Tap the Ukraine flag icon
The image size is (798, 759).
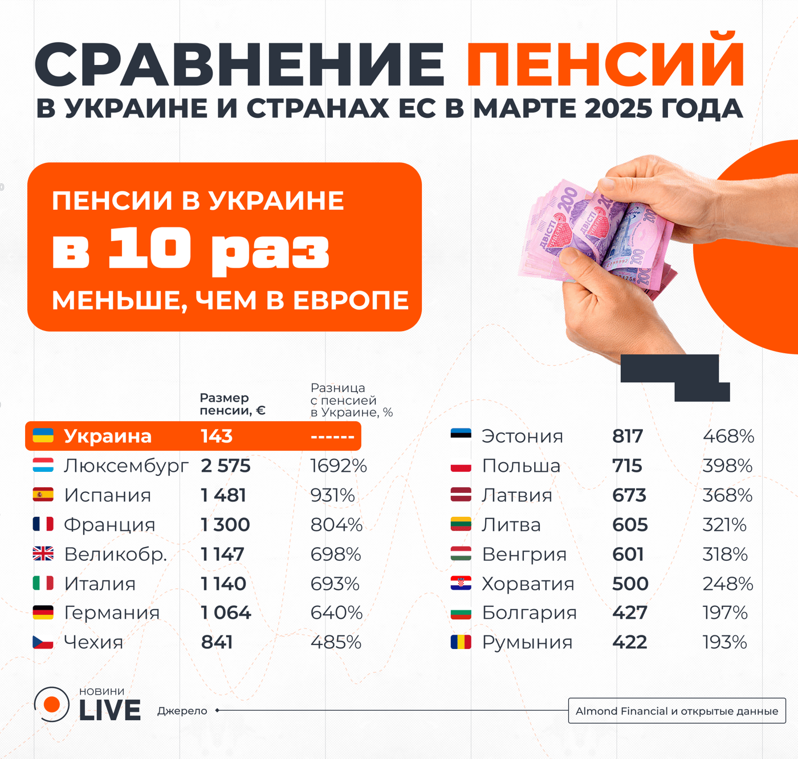pyautogui.click(x=43, y=436)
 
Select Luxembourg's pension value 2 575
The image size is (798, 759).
pyautogui.click(x=226, y=466)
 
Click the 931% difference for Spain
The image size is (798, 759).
pyautogui.click(x=332, y=495)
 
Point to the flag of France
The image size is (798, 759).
pyautogui.click(x=43, y=524)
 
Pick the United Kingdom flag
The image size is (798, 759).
pyautogui.click(x=43, y=554)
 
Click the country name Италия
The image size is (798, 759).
pyautogui.click(x=100, y=583)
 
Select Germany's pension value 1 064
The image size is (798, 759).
pyautogui.click(x=226, y=613)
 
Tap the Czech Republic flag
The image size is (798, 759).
pyautogui.click(x=43, y=642)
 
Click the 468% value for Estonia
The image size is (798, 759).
pyautogui.click(x=728, y=436)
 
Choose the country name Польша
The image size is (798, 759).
pyautogui.click(x=521, y=466)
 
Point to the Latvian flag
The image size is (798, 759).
pyautogui.click(x=461, y=495)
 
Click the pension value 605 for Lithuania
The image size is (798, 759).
pyautogui.click(x=630, y=525)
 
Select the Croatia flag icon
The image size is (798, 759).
pyautogui.click(x=461, y=583)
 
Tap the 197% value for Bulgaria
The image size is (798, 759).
pyautogui.click(x=724, y=613)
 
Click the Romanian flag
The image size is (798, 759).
pyautogui.click(x=461, y=642)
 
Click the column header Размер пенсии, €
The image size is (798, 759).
pyautogui.click(x=233, y=404)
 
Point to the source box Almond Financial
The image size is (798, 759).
pyautogui.click(x=677, y=711)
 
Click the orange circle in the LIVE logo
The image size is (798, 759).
pyautogui.click(x=52, y=705)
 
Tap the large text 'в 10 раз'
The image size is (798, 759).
pyautogui.click(x=191, y=250)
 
